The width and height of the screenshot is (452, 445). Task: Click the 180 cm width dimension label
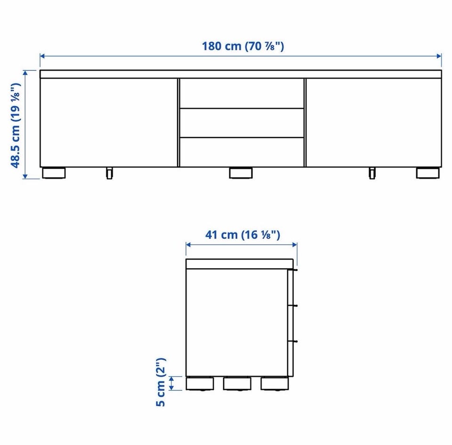pos(243,46)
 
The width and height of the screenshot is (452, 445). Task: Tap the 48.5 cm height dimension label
pos(16,125)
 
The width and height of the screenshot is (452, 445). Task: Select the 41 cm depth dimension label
pos(242,235)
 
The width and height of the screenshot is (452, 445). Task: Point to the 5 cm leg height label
pos(161,382)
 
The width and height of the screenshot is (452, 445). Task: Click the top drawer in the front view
pos(242,93)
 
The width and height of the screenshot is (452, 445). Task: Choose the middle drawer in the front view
pos(242,123)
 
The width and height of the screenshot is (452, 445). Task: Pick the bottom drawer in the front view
pos(242,152)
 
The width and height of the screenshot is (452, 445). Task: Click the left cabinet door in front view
pos(109,123)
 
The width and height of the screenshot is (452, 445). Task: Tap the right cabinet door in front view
pos(373,123)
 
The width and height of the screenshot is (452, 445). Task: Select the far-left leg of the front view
pos(54,173)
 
